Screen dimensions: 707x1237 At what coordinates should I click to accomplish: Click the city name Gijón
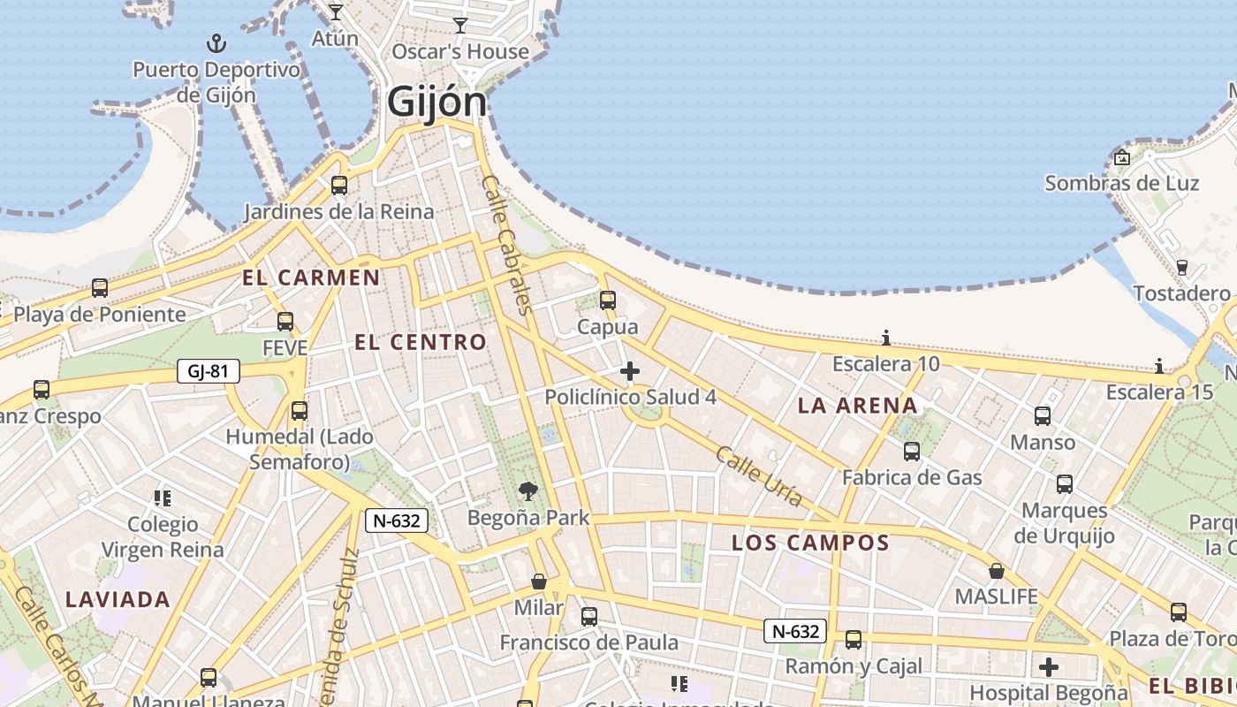[x=436, y=103]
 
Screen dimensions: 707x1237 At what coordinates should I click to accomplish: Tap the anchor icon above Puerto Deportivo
[x=216, y=42]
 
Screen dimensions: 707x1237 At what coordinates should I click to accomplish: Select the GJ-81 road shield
[x=208, y=371]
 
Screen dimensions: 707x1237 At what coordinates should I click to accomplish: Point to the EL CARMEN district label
[x=311, y=277]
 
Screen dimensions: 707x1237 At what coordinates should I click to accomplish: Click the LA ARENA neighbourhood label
[x=858, y=406]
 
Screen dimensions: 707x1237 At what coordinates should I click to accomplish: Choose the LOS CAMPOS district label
[x=810, y=543]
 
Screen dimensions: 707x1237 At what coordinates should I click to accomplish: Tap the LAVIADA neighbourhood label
[x=118, y=599]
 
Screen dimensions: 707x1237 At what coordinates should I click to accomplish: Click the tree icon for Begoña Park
[x=528, y=490]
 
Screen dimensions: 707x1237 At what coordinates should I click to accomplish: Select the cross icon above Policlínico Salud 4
[x=629, y=371]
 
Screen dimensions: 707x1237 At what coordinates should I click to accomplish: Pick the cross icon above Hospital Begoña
[x=1049, y=666]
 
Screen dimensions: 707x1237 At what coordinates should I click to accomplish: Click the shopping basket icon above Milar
[x=539, y=582]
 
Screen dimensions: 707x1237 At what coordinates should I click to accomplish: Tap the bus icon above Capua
[x=608, y=300]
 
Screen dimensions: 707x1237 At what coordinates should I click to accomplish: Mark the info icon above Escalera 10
[x=886, y=338]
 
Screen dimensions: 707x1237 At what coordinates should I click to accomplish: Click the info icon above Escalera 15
[x=1159, y=366]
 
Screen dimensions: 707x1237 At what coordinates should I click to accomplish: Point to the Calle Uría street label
[x=759, y=476]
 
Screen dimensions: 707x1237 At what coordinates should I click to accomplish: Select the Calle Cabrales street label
[x=507, y=245]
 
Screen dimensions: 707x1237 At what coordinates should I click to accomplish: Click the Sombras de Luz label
[x=1121, y=184]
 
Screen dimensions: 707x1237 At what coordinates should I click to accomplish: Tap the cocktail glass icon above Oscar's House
[x=459, y=25]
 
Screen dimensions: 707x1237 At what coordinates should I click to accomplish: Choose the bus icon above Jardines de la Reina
[x=339, y=186]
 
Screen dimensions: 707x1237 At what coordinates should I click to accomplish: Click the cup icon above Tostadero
[x=1181, y=267]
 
